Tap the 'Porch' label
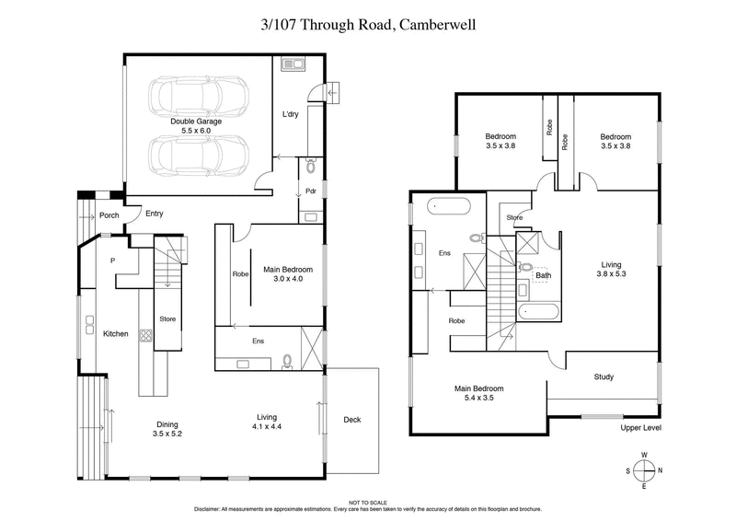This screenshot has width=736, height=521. pos(109,215)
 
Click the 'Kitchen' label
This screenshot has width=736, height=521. pos(115,332)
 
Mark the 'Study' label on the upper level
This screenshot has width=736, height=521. pos(604,376)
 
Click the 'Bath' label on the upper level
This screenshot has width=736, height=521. pos(543,274)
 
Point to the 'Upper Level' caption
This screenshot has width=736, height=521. pos(641,428)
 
